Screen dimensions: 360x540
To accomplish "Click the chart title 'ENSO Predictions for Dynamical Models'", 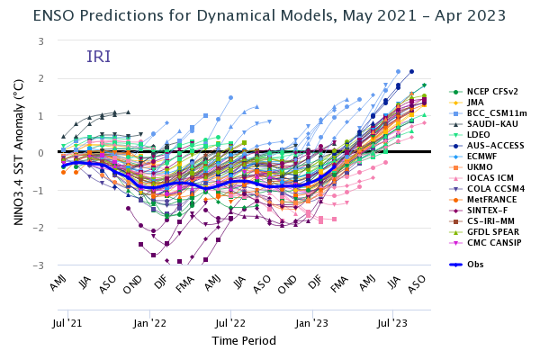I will [x=225, y=15].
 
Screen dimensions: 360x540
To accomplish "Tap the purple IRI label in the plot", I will [x=99, y=57].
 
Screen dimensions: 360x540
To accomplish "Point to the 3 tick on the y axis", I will [x=40, y=41].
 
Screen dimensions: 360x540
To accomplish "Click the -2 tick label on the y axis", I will [x=39, y=229].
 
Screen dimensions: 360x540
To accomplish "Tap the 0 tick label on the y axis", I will [x=40, y=154].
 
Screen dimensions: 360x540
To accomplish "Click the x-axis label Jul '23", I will [x=392, y=321].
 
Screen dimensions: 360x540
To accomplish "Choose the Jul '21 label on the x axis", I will [x=69, y=321].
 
